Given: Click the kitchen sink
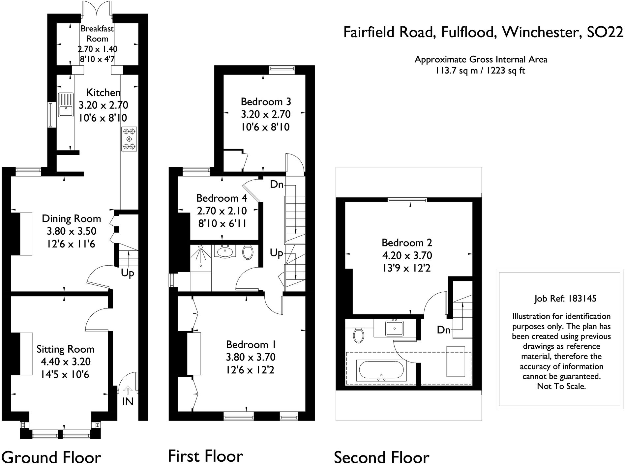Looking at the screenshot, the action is coord(66,105).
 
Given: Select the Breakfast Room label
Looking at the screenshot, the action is coord(97,34).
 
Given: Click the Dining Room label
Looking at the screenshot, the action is coord(72,218).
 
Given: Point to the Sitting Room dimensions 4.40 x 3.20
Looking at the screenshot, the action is coord(66,362).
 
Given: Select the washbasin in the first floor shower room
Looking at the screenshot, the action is coord(225,251).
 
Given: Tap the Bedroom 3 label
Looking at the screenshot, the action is coord(266,101).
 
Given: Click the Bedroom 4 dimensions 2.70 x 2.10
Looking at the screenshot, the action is coord(226,211).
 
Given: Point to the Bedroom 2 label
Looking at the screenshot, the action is coord(407,243).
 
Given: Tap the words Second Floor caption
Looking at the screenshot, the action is coord(381,457).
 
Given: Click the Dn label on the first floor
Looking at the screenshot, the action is coord(277,184).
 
